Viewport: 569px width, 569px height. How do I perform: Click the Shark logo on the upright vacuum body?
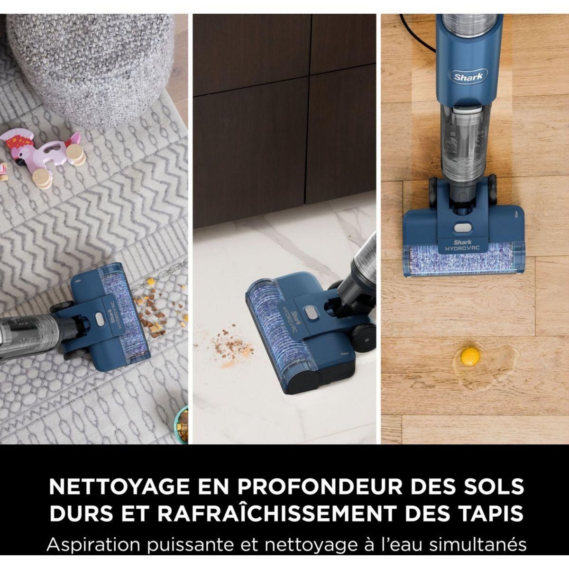(468, 76)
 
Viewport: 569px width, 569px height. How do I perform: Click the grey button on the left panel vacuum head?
(99, 318)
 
